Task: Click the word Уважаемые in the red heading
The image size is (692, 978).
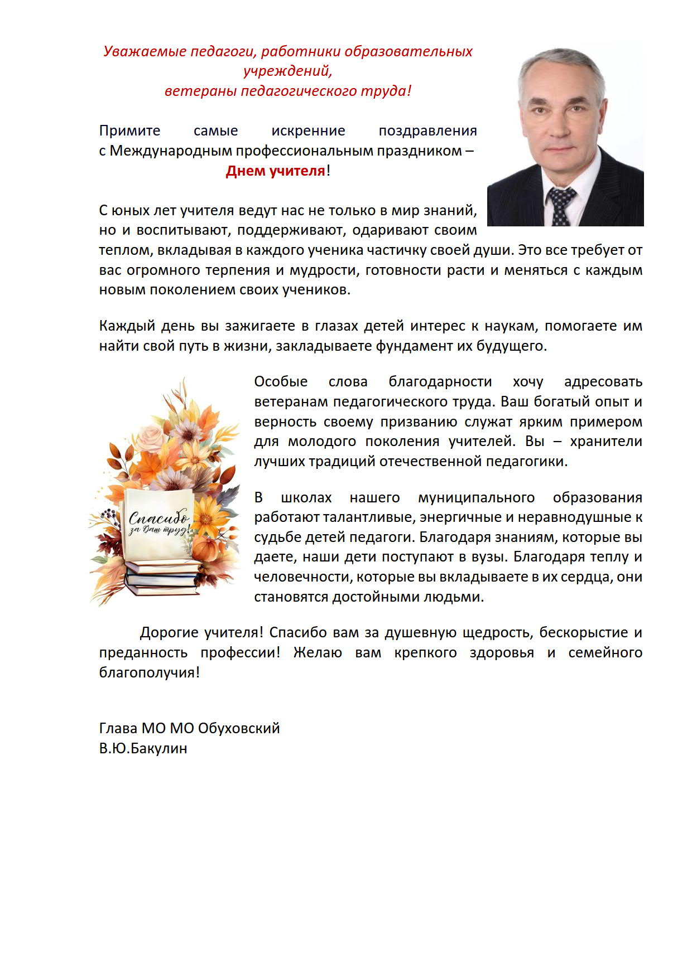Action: tap(145, 51)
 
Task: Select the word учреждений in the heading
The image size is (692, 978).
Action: tap(287, 71)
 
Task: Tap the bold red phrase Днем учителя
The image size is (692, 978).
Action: tap(275, 171)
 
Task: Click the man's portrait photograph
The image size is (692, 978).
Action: tap(565, 134)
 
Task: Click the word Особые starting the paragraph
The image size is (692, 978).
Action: tap(281, 382)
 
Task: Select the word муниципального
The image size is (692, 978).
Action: tap(476, 497)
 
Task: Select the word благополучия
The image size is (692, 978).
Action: tap(149, 673)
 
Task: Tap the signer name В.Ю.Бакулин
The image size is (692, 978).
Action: tap(143, 748)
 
